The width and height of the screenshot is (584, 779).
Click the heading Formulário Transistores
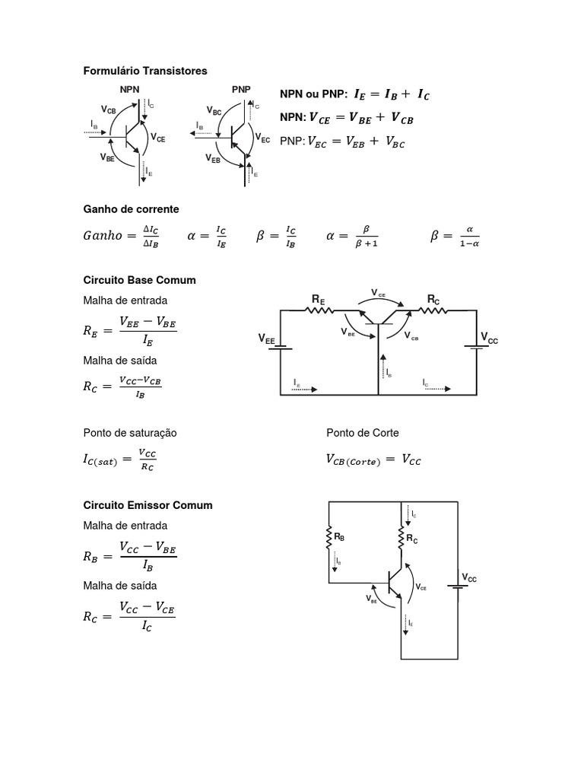tap(144, 71)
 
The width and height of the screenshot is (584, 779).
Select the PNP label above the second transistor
tap(241, 89)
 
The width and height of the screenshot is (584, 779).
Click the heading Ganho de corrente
tap(131, 209)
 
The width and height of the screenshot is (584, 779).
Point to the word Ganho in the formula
tap(102, 236)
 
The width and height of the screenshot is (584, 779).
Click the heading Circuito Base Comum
tap(139, 280)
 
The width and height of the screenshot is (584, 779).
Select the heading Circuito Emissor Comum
tap(148, 505)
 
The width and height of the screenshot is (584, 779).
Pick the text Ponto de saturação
tap(129, 433)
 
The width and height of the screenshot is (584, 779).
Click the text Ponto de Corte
tap(362, 433)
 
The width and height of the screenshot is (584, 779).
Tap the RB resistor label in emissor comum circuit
tap(339, 537)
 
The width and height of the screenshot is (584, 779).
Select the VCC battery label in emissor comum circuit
tap(468, 579)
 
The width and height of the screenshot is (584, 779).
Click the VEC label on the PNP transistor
tap(262, 139)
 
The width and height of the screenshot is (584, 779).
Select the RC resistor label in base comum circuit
tap(433, 300)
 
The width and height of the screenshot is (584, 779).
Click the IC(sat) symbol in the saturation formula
tap(101, 460)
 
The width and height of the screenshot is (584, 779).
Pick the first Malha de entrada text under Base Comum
tap(125, 300)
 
